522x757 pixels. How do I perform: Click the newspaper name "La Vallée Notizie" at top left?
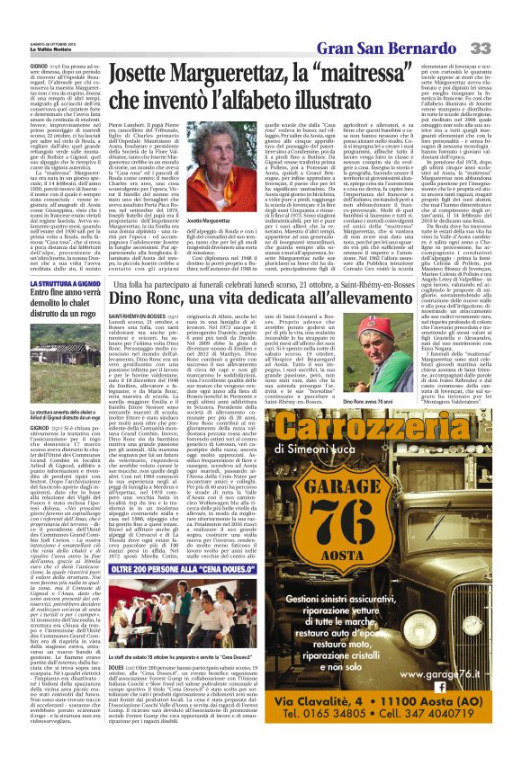[28, 17]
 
